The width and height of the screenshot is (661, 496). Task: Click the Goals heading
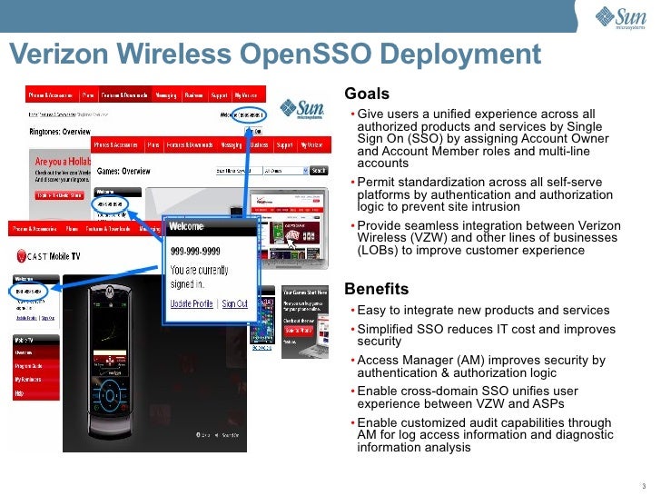(367, 94)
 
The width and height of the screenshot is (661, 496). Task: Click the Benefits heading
(376, 289)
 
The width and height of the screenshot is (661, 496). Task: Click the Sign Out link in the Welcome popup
(234, 303)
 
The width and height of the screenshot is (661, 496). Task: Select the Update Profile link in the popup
(192, 303)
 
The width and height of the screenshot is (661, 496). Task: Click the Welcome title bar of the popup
(208, 227)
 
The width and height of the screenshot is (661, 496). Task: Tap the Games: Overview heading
(123, 170)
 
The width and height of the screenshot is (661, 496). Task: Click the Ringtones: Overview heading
(61, 131)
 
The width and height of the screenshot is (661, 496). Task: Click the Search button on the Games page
(319, 170)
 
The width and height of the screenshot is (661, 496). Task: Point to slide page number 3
(643, 483)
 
